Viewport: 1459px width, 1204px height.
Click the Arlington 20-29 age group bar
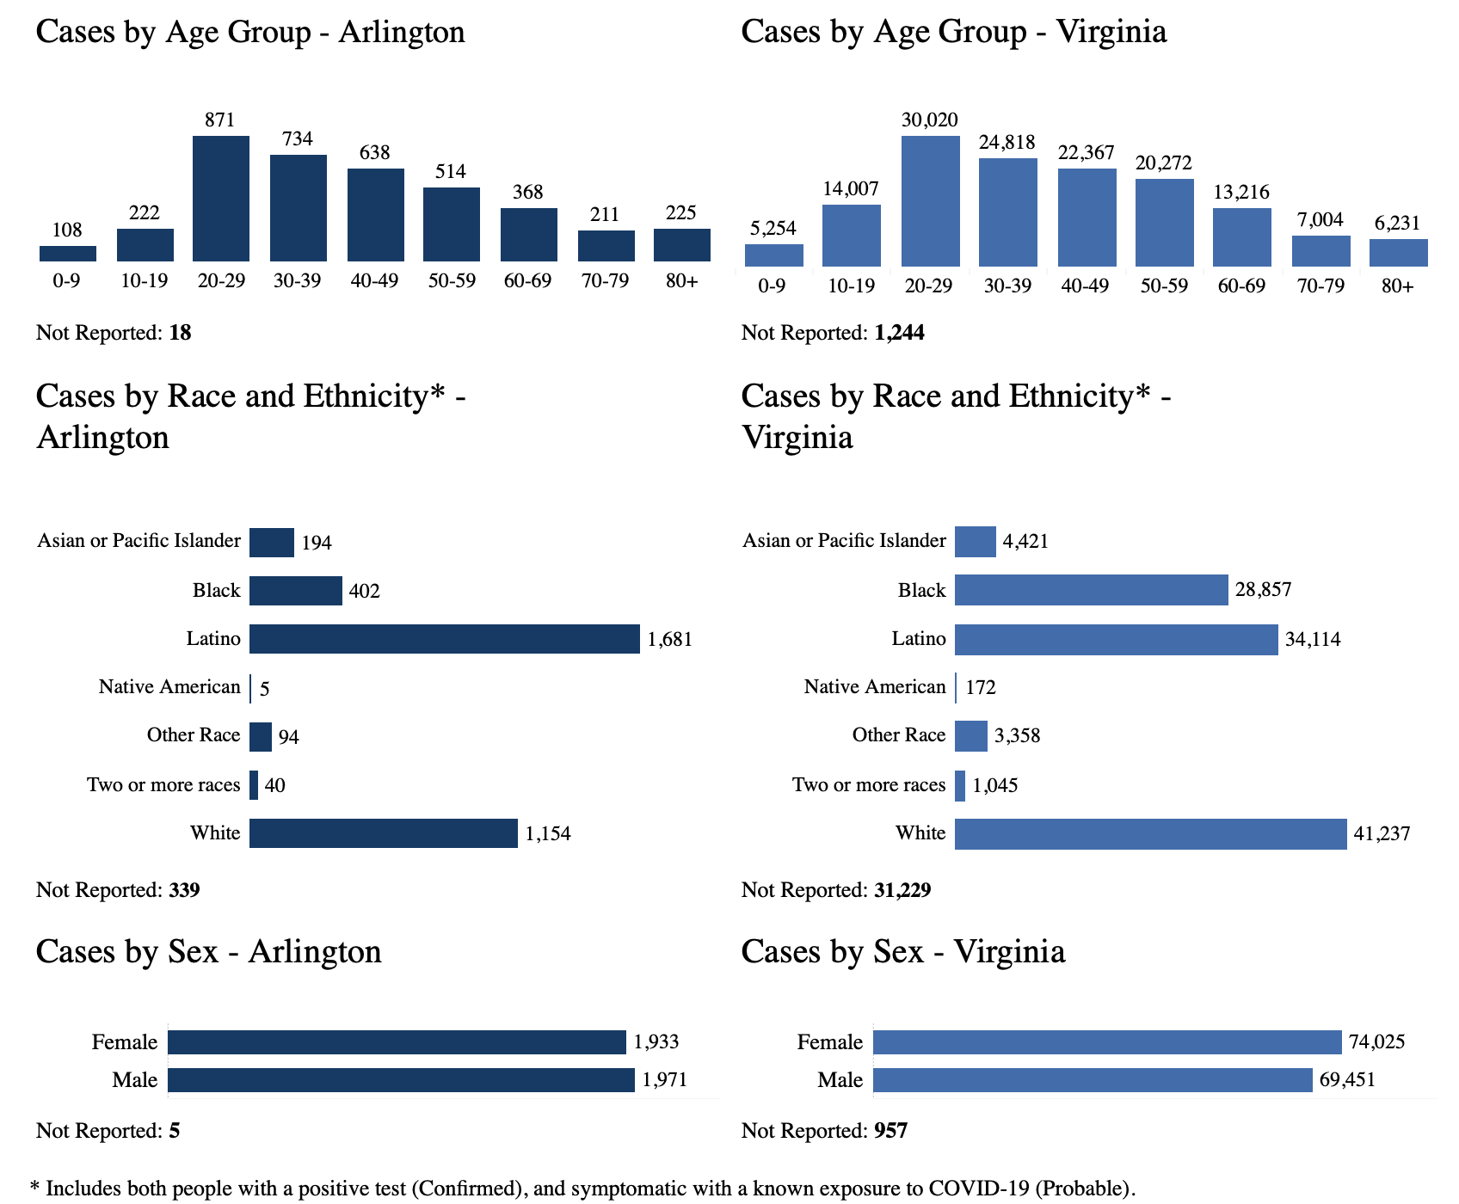[221, 199]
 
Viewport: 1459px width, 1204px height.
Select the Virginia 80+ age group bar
[1398, 253]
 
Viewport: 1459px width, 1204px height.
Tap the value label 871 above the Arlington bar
[219, 120]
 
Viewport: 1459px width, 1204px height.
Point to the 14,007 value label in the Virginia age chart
[850, 189]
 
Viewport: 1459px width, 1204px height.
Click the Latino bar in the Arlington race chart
[444, 639]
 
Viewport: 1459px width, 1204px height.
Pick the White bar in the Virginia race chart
[1150, 833]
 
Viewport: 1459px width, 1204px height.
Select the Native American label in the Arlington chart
[169, 687]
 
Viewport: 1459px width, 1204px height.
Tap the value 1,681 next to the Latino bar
[669, 640]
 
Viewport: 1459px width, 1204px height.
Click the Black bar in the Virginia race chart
[1091, 591]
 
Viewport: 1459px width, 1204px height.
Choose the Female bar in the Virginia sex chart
[1107, 1042]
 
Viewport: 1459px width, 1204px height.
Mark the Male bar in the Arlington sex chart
[401, 1080]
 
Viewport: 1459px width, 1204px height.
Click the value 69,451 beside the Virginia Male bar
[1347, 1080]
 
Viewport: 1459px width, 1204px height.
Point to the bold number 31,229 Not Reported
[902, 890]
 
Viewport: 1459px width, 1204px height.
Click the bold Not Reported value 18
[180, 333]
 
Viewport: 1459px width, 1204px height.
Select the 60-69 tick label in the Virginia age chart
[1241, 286]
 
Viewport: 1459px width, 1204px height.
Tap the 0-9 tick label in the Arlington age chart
[66, 281]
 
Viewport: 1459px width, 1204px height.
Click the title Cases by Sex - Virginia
[902, 952]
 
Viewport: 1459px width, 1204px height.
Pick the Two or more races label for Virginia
[869, 785]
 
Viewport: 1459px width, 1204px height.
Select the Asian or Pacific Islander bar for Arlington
[272, 543]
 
